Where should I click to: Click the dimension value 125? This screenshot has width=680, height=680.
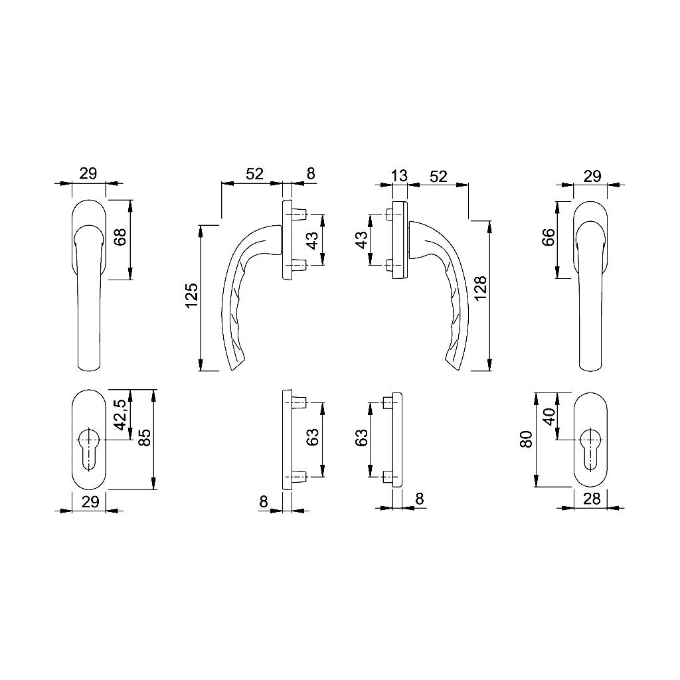tap(192, 296)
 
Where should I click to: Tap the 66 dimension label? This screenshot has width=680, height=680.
tap(549, 237)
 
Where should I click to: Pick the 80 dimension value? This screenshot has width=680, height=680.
tap(526, 440)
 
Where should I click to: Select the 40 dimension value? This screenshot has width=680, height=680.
tap(549, 417)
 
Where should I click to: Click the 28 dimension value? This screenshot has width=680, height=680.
tap(592, 499)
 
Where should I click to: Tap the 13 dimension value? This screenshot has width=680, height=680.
tap(399, 175)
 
